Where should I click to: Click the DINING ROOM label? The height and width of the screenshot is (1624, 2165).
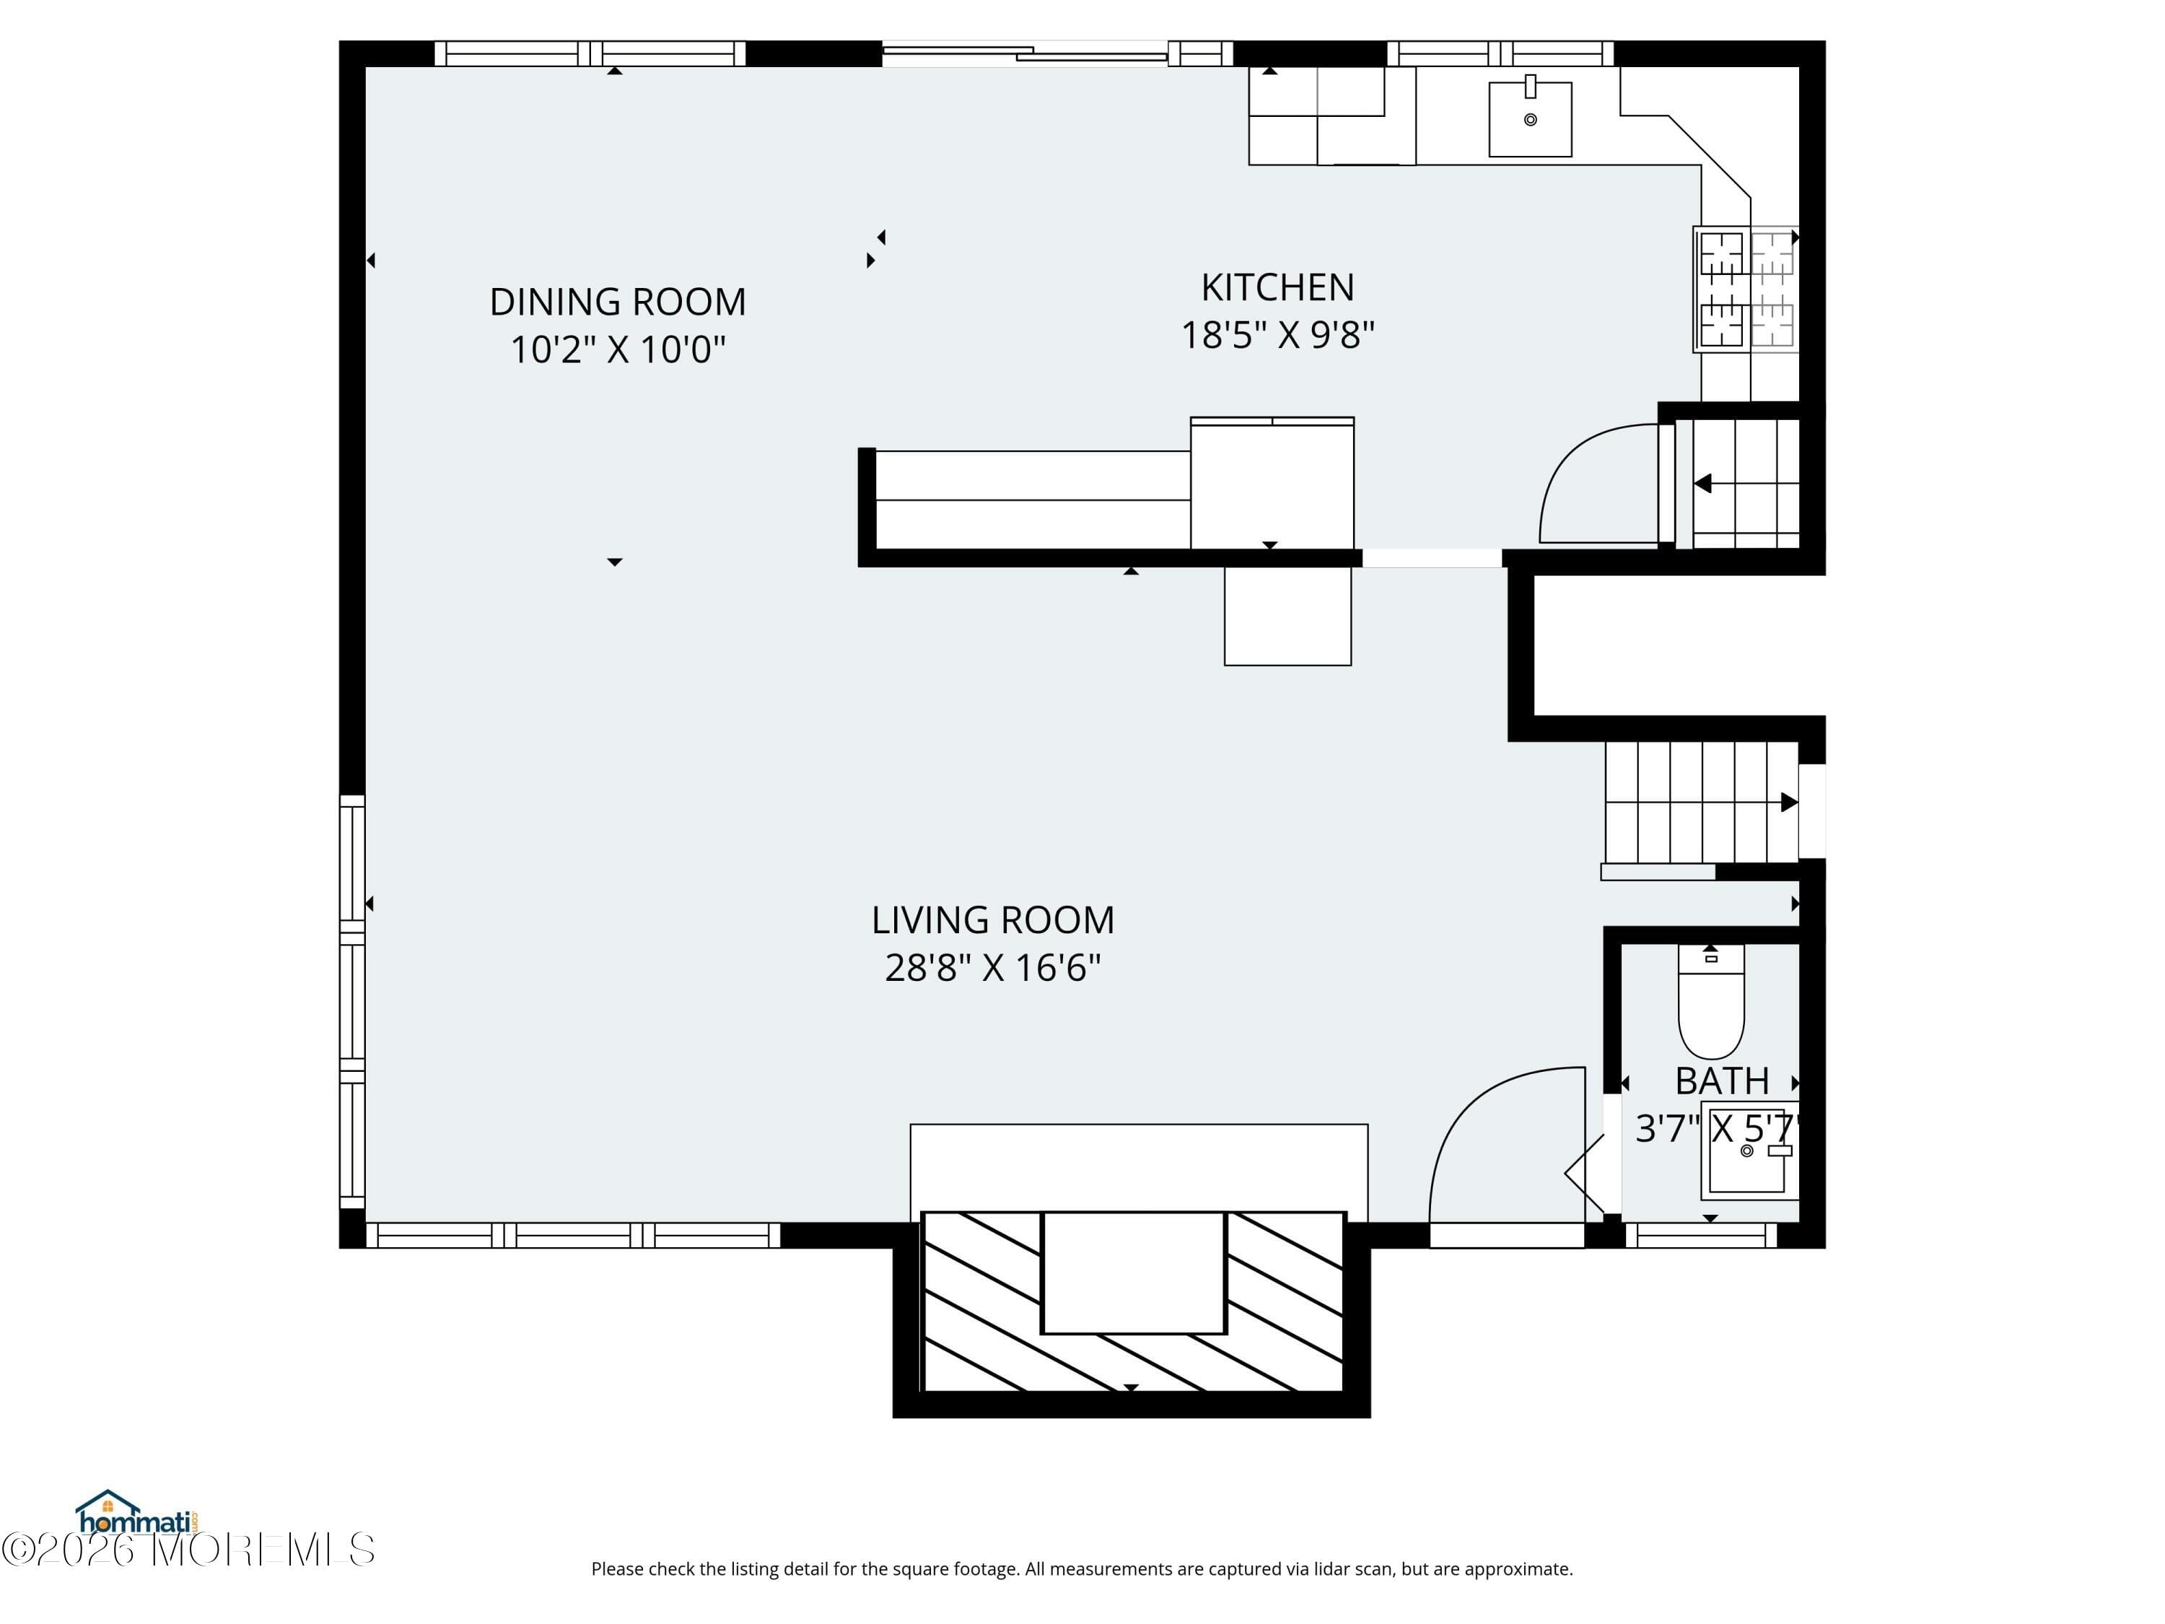tap(618, 302)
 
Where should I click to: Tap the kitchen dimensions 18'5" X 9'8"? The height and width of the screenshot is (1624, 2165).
tap(1277, 335)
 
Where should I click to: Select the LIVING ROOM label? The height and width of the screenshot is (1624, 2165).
tap(992, 920)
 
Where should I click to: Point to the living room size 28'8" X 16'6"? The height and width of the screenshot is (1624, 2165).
tap(992, 968)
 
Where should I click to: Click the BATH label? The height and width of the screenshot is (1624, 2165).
tap(1722, 1081)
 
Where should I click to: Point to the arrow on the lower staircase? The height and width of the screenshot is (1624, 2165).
tap(1787, 803)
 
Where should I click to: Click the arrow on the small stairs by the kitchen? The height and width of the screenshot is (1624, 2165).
tap(1703, 483)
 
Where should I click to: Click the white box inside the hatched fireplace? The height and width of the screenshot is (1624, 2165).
tap(1134, 1272)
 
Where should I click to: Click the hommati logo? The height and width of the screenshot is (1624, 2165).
tap(137, 1515)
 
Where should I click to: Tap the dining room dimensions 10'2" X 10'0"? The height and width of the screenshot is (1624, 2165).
tap(618, 349)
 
